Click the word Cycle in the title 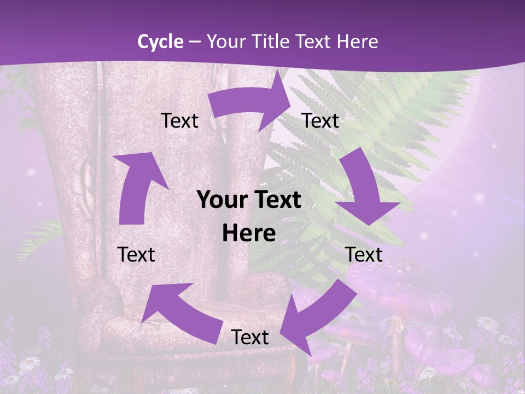[160, 42]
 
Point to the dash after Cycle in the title [194, 42]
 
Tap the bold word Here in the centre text [249, 233]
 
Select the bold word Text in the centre [277, 200]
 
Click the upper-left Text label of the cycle [179, 120]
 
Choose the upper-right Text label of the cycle [320, 120]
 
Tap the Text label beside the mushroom [364, 254]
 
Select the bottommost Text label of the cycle [250, 337]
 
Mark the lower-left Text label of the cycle [136, 254]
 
